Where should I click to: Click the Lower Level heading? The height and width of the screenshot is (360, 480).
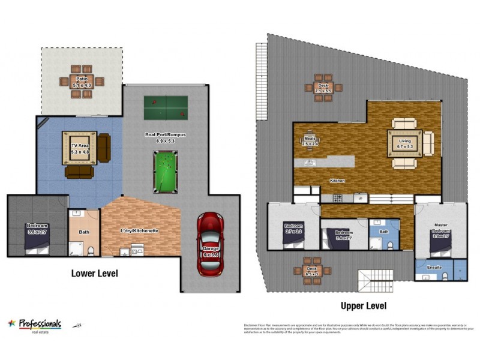94,274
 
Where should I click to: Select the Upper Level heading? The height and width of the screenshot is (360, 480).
364,305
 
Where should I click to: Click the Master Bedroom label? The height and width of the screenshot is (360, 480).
441,230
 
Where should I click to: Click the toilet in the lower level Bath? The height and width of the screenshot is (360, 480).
90,251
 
